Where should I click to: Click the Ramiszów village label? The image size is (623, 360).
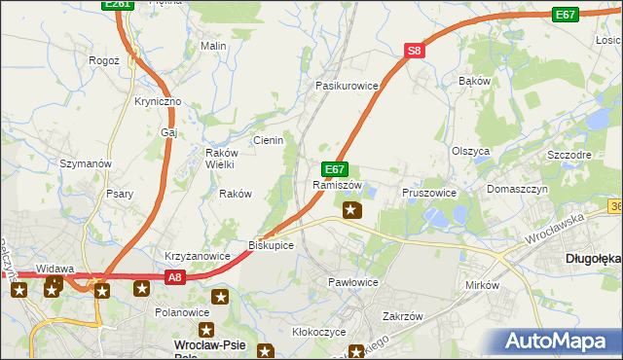339,185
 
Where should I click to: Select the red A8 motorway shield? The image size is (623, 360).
173,277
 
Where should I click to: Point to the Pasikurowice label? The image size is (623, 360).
346,86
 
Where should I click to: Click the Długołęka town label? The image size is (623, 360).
593,259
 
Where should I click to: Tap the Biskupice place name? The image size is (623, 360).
271,245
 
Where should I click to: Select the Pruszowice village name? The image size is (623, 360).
429,193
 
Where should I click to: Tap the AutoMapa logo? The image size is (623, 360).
559,342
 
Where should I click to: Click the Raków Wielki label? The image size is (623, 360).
215,159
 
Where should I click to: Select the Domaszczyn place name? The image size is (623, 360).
517,189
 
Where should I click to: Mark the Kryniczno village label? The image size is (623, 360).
159,102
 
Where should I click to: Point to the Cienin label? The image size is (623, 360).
268,140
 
